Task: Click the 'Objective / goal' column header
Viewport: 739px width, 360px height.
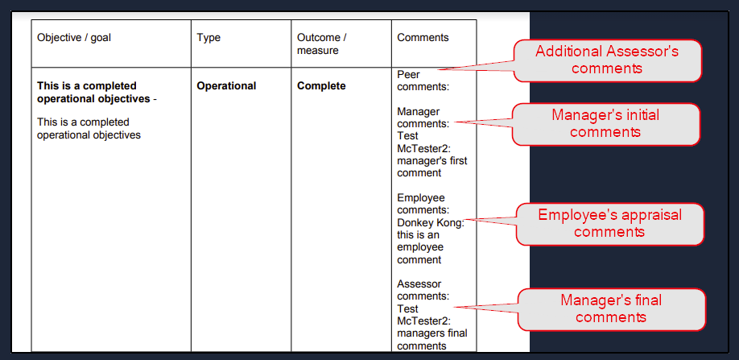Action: tap(74, 38)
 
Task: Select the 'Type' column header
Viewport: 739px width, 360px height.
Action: tap(208, 38)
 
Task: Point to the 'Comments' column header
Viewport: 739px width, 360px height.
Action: tap(423, 38)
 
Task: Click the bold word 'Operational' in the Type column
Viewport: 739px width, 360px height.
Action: tap(227, 86)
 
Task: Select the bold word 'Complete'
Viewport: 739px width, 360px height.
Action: tap(321, 86)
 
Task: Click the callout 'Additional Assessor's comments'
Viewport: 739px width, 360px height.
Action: tap(607, 60)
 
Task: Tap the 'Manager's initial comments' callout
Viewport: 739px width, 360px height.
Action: tap(605, 124)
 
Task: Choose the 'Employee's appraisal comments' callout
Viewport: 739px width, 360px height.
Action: tap(610, 224)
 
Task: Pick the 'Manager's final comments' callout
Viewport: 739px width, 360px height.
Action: tap(611, 309)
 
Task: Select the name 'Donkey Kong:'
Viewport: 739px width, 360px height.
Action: tap(431, 222)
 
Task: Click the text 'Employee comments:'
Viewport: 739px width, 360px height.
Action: tap(423, 204)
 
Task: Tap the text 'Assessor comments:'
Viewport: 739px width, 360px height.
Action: tap(423, 290)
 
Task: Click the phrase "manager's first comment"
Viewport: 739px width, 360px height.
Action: tap(432, 167)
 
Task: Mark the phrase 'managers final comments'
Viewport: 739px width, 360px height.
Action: tap(432, 340)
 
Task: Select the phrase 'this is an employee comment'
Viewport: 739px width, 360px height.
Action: tap(420, 247)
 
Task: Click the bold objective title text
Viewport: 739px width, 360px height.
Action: tap(97, 93)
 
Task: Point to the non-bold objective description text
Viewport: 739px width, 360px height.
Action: tap(89, 129)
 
